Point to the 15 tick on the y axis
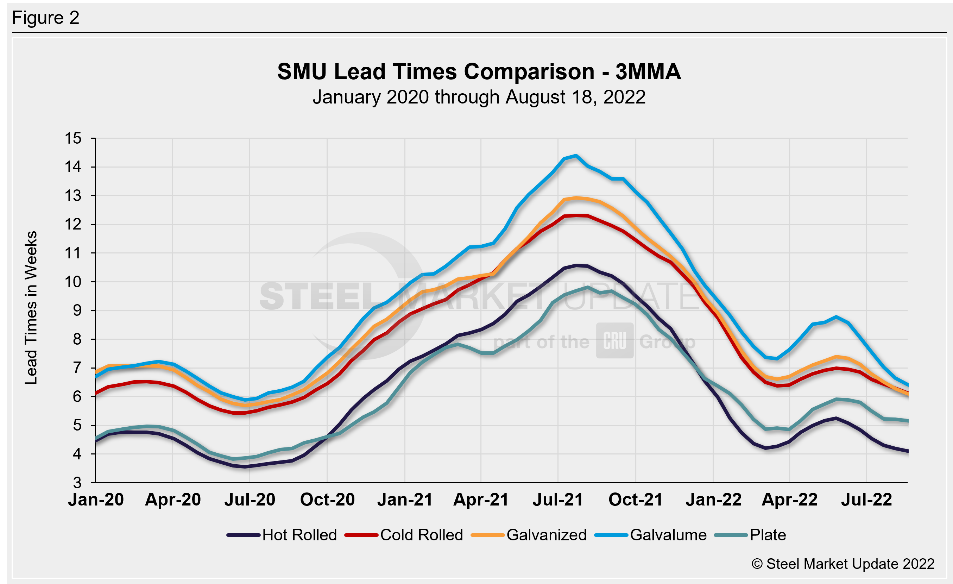click(73, 138)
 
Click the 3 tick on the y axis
click(77, 483)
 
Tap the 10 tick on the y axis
click(73, 282)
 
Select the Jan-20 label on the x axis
click(96, 500)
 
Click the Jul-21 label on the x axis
click(558, 500)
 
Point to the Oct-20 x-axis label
click(327, 500)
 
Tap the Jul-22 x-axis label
click(866, 500)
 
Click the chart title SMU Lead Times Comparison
click(479, 71)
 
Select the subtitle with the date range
click(479, 97)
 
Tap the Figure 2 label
click(46, 18)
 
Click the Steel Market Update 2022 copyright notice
click(843, 564)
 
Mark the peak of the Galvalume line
click(576, 156)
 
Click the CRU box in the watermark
click(614, 341)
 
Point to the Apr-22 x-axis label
click(789, 500)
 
